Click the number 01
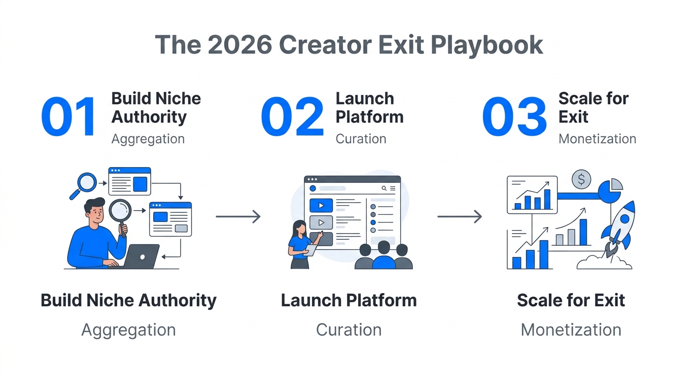(x=68, y=117)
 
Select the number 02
(x=293, y=117)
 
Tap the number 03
(x=514, y=117)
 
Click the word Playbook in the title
(x=487, y=45)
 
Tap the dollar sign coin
(x=581, y=179)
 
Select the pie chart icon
(x=611, y=190)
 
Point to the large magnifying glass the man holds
(x=120, y=212)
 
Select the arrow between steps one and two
(x=238, y=217)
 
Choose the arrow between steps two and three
(x=460, y=217)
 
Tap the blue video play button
(x=321, y=206)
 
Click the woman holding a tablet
(x=301, y=244)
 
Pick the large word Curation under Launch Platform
(x=348, y=330)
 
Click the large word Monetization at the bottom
(x=571, y=330)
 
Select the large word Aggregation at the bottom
(x=128, y=330)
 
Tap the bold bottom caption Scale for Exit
(x=571, y=300)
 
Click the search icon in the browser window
(x=384, y=188)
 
